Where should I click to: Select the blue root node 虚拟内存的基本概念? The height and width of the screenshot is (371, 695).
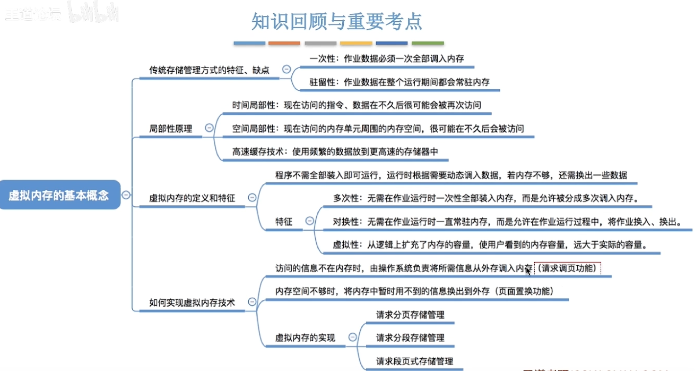point(59,195)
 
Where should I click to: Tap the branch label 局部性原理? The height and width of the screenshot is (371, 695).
point(170,128)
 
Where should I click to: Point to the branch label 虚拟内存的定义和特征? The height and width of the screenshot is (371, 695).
point(192,198)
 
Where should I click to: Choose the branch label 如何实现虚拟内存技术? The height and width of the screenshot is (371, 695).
point(192,303)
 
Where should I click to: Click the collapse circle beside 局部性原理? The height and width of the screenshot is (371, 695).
point(209,128)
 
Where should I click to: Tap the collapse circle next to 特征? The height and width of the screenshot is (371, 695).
point(310,222)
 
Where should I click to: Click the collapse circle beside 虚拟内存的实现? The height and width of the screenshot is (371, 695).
point(353,337)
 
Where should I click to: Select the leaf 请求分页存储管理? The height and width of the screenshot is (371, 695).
point(410,314)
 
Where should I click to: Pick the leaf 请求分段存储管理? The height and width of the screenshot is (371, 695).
point(410,338)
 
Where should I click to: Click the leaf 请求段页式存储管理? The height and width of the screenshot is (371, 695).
point(414,361)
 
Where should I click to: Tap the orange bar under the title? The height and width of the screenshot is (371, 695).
point(284,43)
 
